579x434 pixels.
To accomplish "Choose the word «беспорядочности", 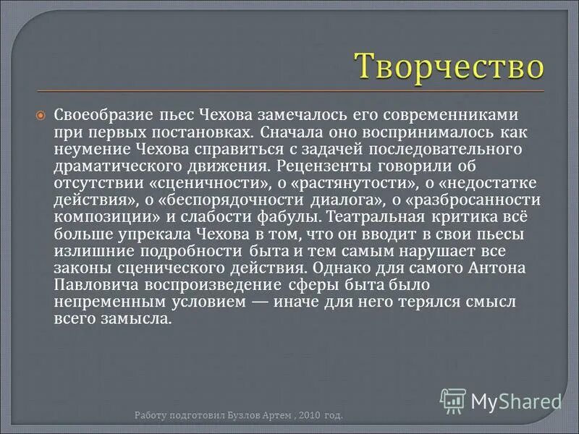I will click(222, 199).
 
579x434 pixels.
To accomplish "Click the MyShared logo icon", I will click(453, 400).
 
